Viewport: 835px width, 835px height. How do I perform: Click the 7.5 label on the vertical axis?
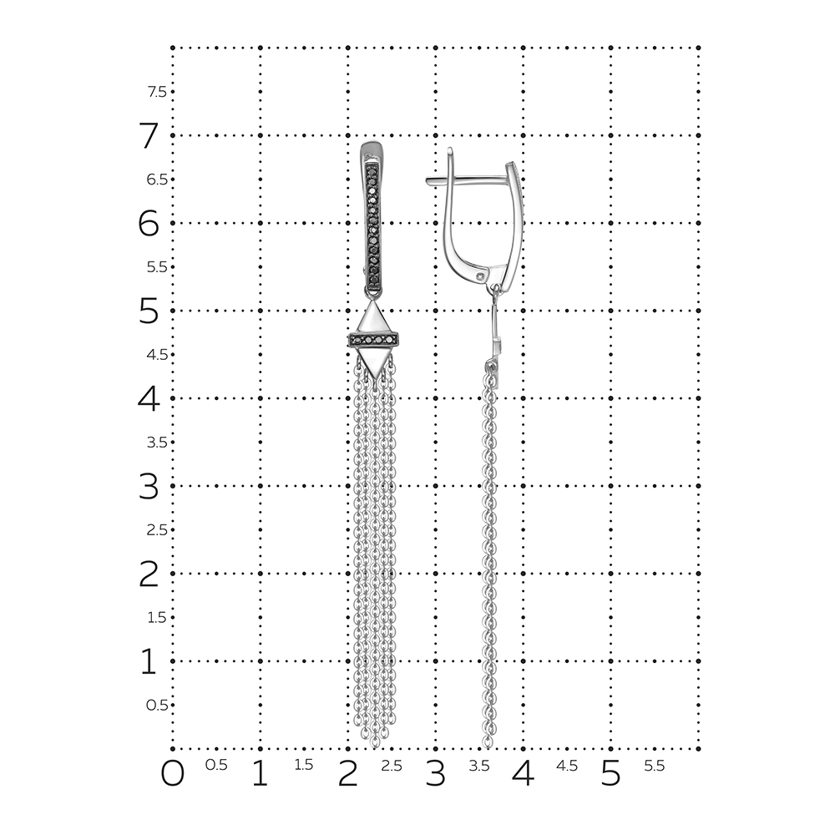(x=157, y=92)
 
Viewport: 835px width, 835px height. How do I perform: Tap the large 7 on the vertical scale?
(x=149, y=135)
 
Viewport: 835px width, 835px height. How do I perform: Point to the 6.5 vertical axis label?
(x=157, y=180)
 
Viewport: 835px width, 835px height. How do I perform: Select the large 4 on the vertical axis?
(x=149, y=398)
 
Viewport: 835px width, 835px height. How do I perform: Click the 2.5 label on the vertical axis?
(x=157, y=530)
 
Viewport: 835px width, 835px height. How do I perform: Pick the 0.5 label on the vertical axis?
(x=157, y=705)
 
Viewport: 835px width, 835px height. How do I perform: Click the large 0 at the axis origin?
(x=173, y=773)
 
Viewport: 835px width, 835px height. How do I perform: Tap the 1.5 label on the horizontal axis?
(x=304, y=765)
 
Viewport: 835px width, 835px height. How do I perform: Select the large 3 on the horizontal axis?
(x=435, y=773)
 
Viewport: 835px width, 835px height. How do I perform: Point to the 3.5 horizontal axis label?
(x=478, y=765)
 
